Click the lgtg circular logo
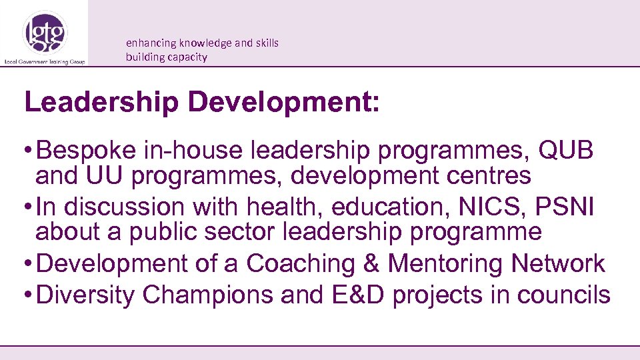45,33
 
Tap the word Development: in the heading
284,103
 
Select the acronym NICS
493,207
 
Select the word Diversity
85,295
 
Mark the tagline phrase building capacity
167,57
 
